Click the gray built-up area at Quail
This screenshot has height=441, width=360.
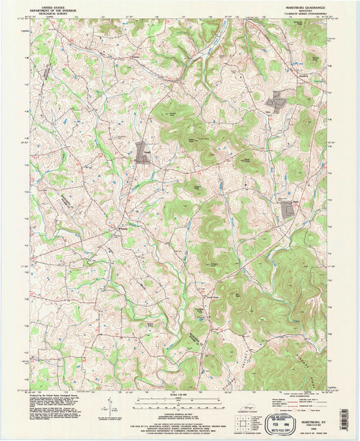(143, 152)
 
